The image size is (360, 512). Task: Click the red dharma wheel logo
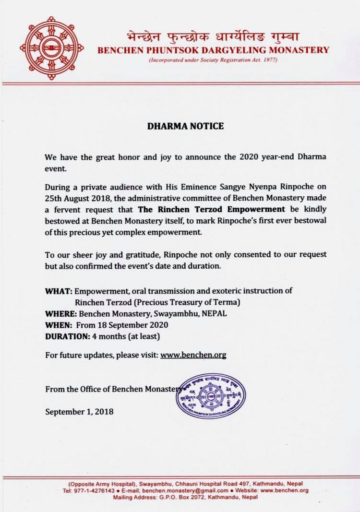pos(52,48)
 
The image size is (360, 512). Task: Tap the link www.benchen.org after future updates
pos(193,355)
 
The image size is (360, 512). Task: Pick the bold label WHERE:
pos(62,314)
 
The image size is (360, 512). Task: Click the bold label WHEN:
pos(59,325)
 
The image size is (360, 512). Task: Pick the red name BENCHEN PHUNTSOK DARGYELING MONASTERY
pos(213,49)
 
